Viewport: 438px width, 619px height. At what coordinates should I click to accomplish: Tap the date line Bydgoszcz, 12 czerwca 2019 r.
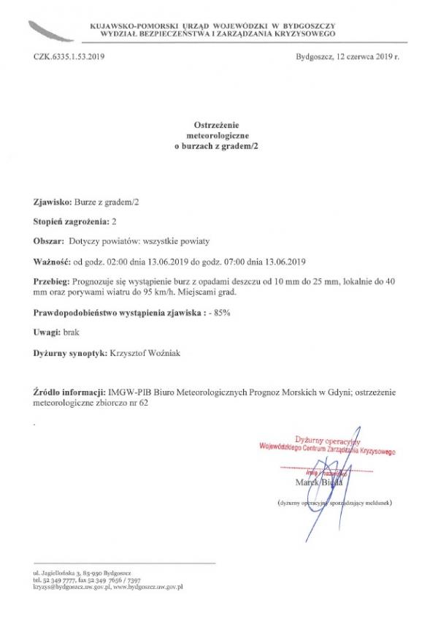click(x=348, y=56)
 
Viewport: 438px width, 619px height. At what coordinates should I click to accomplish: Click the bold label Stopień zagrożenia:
click(x=71, y=221)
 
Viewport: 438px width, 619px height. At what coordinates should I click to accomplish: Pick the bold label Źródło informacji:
click(x=70, y=392)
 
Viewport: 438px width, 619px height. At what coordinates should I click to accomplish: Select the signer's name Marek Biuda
click(x=319, y=483)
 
